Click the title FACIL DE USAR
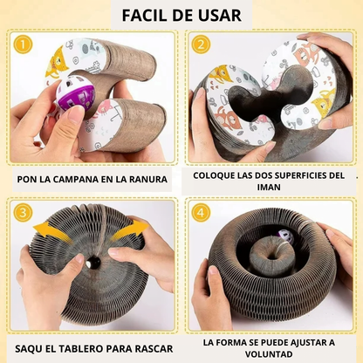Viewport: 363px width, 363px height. [x=181, y=15]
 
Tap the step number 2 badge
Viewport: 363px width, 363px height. [x=202, y=45]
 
